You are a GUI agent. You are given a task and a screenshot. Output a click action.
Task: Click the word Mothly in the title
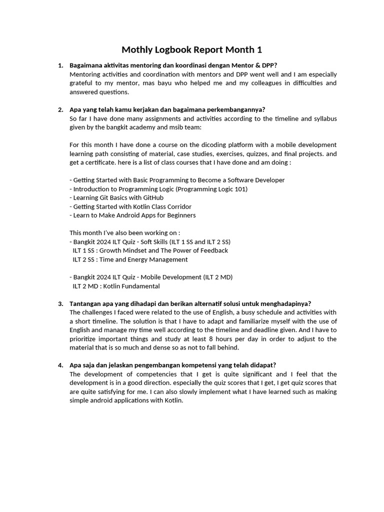point(136,50)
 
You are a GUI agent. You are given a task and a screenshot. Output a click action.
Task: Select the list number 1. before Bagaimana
point(60,65)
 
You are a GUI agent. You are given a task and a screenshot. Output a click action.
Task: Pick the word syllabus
point(325,118)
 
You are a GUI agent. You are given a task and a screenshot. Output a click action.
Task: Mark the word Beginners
point(179,215)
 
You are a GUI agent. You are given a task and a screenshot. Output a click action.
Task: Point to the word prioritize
point(85,339)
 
